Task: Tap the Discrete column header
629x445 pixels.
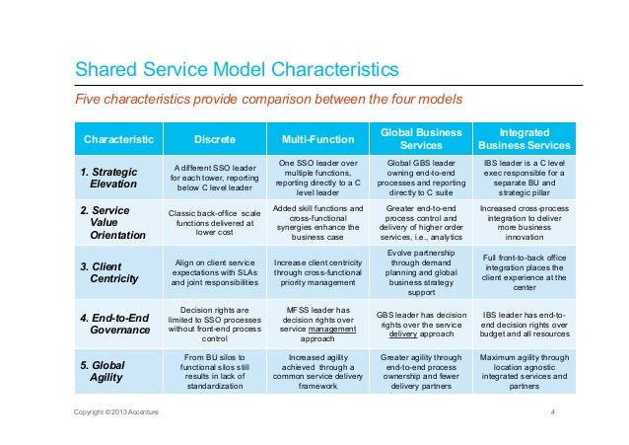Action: coord(215,139)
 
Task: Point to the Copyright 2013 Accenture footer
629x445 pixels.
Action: coord(116,411)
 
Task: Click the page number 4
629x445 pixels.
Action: coord(553,411)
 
